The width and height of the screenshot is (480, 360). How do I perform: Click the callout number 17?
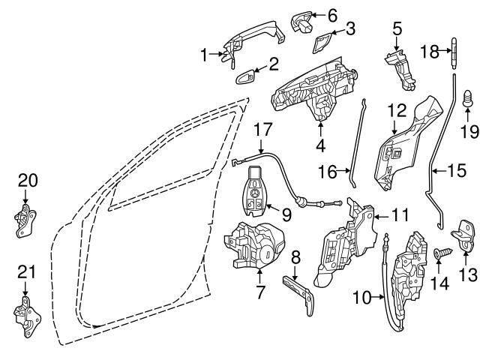click(x=261, y=129)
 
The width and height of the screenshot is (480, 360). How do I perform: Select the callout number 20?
click(x=27, y=180)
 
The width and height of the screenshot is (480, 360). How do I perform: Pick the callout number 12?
click(x=397, y=111)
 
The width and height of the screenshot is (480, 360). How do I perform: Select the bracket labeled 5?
click(x=401, y=61)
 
